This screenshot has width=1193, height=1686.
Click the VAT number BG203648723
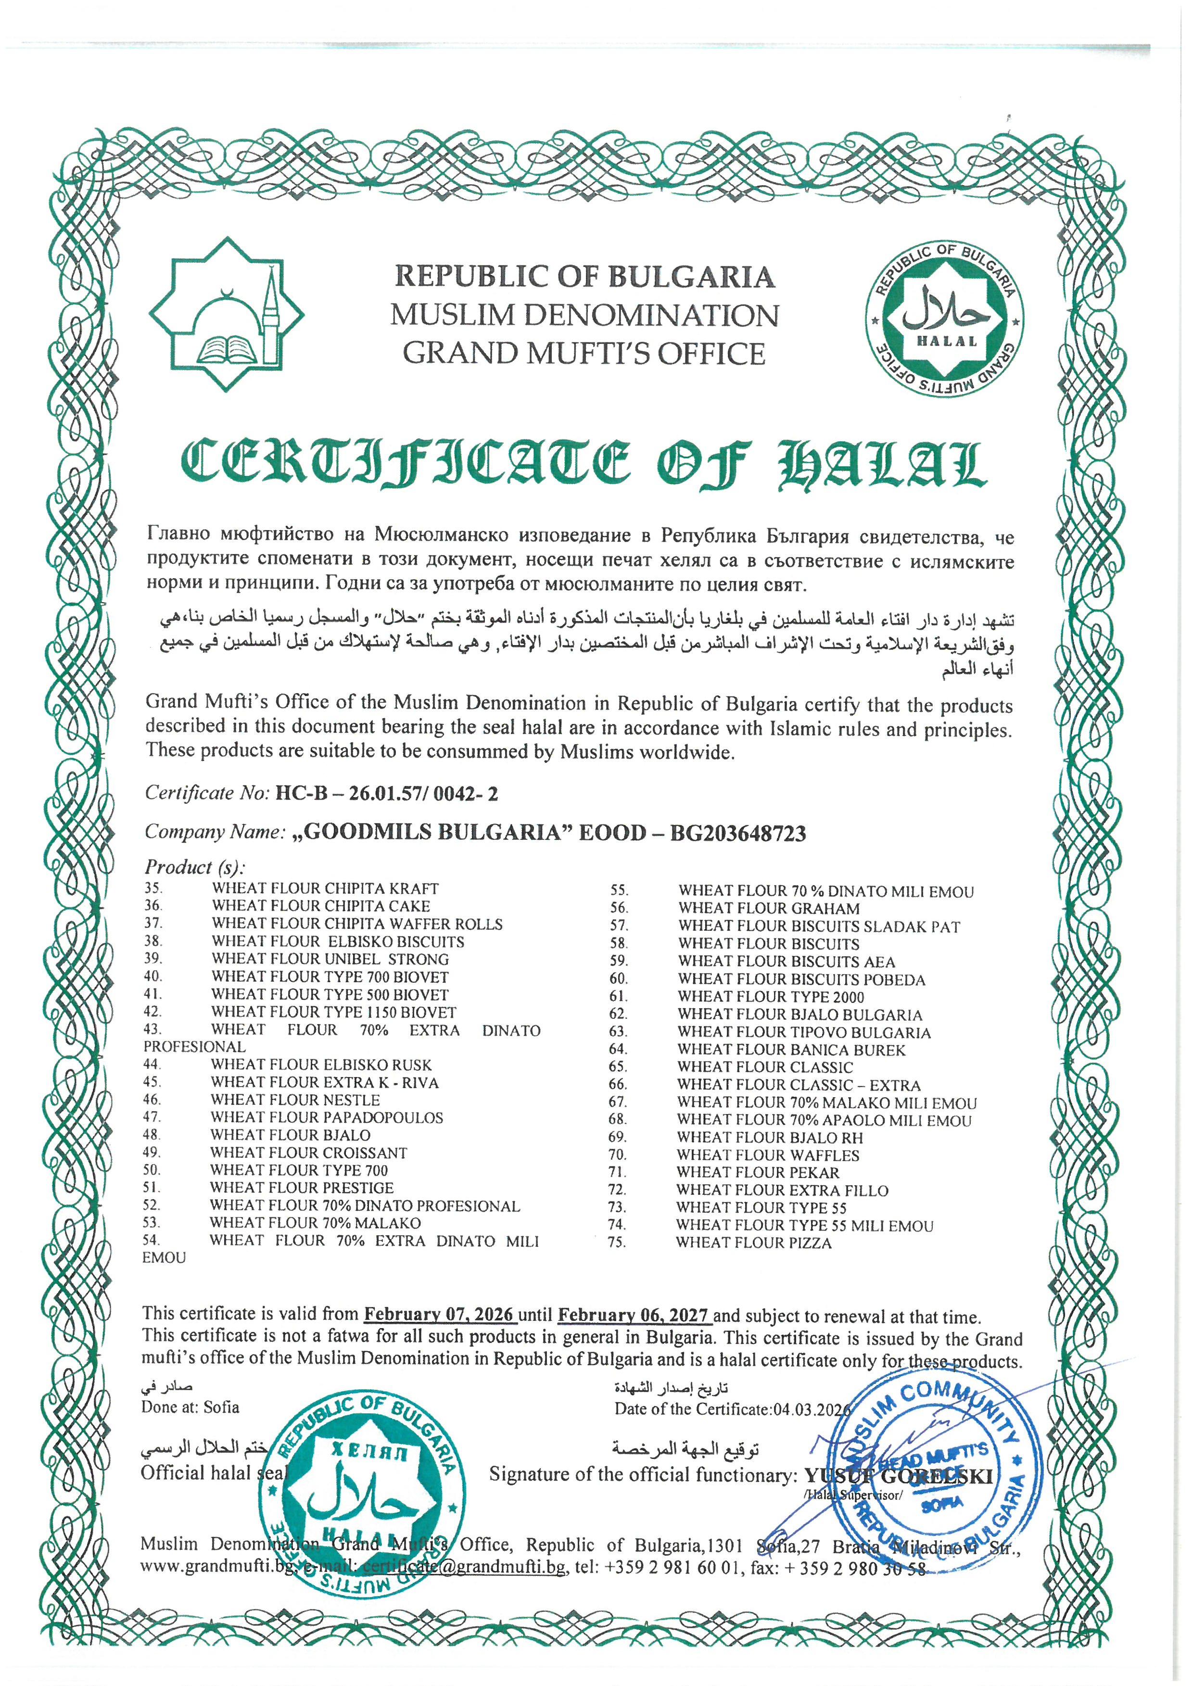pyautogui.click(x=737, y=833)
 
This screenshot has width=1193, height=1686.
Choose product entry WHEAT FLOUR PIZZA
pyautogui.click(x=754, y=1243)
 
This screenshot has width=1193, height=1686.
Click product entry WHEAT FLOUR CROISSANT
pyautogui.click(x=308, y=1153)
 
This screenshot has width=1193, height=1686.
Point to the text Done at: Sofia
pyautogui.click(x=190, y=1407)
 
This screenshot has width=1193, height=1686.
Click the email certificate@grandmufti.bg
pyautogui.click(x=464, y=1567)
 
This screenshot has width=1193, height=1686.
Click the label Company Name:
pyautogui.click(x=215, y=832)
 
